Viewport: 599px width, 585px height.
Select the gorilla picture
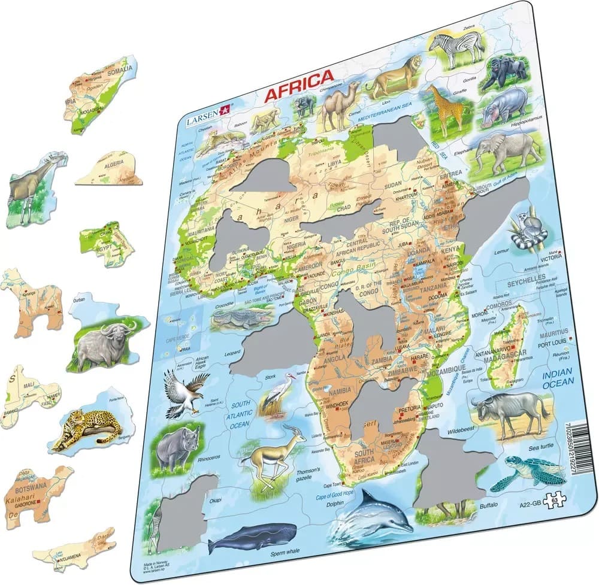[x=507, y=72]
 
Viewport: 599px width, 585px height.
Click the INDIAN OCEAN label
[x=558, y=379]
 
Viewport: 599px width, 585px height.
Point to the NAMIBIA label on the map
[x=340, y=392]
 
